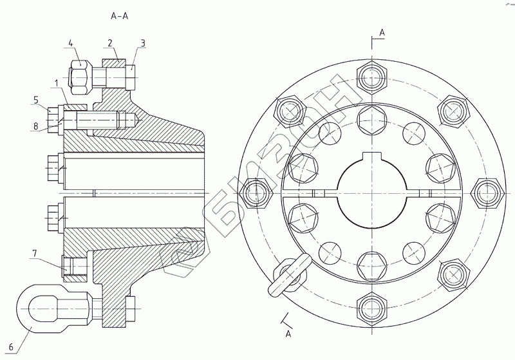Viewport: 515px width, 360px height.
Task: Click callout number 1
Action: pos(57,83)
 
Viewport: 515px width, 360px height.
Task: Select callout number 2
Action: pos(110,43)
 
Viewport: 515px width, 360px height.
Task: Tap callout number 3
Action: pos(143,43)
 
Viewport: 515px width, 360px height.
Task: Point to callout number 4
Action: pos(71,43)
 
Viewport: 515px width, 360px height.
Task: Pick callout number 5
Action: pos(37,100)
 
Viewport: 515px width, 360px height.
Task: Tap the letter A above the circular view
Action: pos(382,32)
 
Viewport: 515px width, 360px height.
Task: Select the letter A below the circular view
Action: pos(288,334)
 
